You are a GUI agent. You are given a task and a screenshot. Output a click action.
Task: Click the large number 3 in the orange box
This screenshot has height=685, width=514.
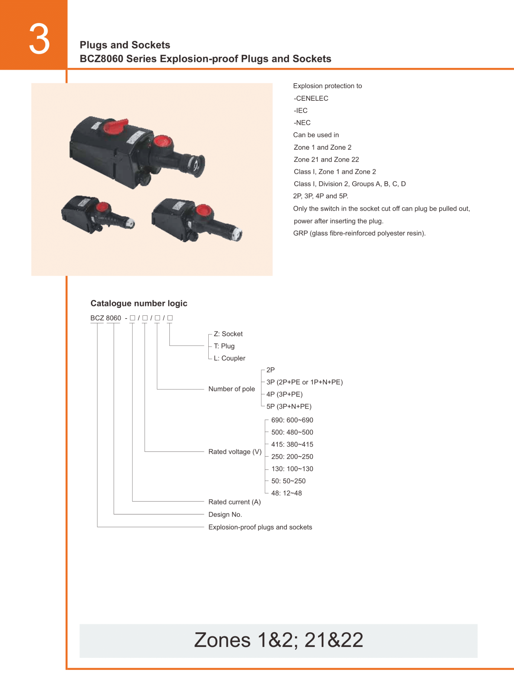[x=39, y=39]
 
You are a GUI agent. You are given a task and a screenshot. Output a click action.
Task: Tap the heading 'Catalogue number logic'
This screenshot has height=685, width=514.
[x=139, y=303]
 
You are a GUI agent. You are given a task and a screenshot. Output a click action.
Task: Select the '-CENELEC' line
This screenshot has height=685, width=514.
[x=311, y=98]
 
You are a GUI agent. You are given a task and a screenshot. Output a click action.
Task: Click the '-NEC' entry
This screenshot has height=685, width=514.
[x=302, y=123]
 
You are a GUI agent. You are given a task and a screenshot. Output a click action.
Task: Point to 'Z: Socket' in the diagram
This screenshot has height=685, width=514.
[x=228, y=334]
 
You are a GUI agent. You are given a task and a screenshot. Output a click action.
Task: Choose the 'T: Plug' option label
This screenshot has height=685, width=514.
[x=224, y=346]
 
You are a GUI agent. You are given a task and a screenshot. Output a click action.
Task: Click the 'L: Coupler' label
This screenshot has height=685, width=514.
[x=230, y=358]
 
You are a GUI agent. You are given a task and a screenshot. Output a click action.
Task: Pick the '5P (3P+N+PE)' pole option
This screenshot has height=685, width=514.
[x=289, y=407]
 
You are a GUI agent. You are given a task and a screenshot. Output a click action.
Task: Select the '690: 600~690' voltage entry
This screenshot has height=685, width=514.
[x=292, y=420]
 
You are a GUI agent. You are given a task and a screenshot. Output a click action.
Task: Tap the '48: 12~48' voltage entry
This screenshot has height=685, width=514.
[x=286, y=493]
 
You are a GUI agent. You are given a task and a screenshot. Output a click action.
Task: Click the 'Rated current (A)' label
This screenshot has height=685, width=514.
[x=235, y=502]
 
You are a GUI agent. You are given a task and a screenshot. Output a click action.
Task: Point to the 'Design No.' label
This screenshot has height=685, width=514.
[x=225, y=514]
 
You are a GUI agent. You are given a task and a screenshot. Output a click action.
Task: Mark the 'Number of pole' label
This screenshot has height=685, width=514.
[x=232, y=389]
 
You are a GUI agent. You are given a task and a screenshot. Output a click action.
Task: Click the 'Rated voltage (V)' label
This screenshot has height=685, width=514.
[x=235, y=452]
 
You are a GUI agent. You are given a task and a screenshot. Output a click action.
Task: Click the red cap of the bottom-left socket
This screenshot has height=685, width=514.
[x=102, y=207]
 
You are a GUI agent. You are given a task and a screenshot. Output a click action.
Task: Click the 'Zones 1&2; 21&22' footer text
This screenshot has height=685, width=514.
[x=279, y=640]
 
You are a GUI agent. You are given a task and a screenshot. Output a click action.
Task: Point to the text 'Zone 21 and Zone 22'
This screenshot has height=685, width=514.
[x=326, y=160]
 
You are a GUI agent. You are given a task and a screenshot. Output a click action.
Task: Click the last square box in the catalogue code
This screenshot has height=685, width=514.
[x=170, y=318]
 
